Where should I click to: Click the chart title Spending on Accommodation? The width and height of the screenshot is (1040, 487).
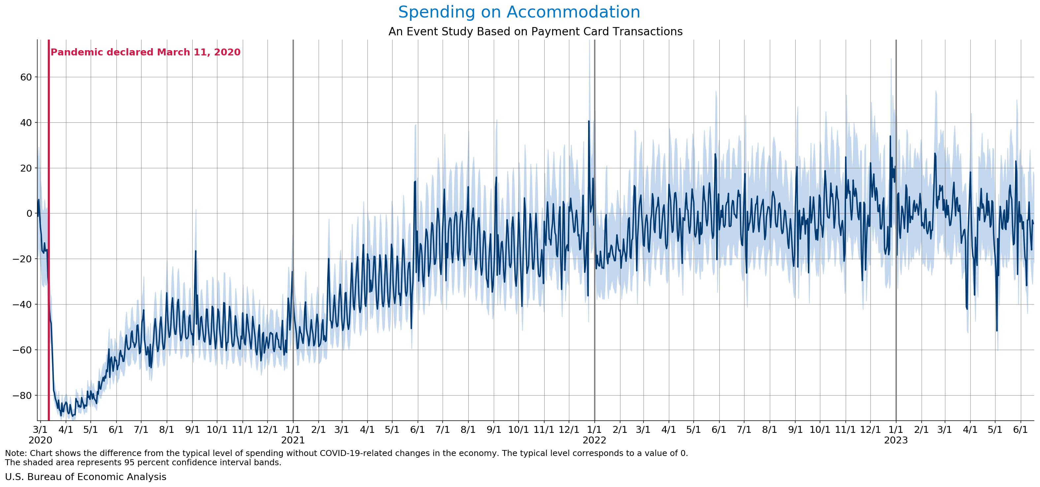click(x=519, y=12)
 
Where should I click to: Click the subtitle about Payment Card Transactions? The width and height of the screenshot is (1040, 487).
click(x=535, y=31)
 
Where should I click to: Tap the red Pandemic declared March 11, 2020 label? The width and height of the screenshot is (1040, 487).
click(x=145, y=52)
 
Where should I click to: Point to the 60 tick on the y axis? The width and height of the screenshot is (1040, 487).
click(x=26, y=77)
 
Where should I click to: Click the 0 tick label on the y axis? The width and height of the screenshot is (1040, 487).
click(x=29, y=213)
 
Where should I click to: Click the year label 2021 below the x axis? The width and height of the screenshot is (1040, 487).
click(x=293, y=440)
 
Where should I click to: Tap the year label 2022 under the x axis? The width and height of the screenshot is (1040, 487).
click(x=594, y=440)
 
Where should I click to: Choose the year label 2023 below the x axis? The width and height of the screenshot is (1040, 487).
click(x=896, y=440)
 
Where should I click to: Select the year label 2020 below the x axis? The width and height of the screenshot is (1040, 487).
click(x=40, y=440)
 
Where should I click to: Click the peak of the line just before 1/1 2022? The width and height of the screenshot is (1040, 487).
click(x=589, y=121)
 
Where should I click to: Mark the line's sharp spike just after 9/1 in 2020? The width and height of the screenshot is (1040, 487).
click(x=196, y=251)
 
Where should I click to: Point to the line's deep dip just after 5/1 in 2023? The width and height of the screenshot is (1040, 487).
click(x=997, y=330)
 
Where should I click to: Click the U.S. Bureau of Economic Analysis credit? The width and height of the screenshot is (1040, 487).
click(x=85, y=477)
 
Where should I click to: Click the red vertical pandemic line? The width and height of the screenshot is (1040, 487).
click(x=49, y=242)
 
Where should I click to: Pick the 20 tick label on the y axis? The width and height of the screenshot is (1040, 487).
click(x=26, y=168)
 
